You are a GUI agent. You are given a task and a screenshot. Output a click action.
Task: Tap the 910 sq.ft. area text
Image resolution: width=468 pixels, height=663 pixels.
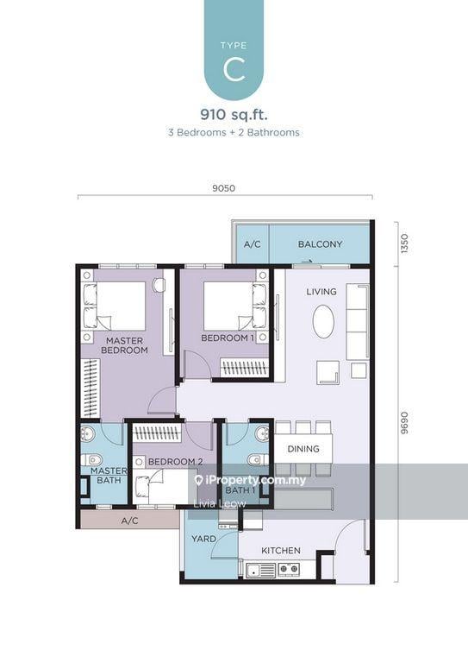click(234, 112)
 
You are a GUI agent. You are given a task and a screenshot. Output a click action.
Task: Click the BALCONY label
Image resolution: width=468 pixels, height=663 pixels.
click(320, 244)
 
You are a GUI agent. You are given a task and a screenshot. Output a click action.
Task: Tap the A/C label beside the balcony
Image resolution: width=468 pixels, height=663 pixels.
click(252, 244)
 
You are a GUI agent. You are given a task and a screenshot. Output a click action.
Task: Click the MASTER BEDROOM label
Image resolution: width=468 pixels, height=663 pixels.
click(125, 345)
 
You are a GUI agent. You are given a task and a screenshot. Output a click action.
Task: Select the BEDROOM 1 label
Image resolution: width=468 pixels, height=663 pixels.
click(227, 338)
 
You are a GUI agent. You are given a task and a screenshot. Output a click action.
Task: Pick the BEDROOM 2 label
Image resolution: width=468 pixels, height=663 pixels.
click(175, 462)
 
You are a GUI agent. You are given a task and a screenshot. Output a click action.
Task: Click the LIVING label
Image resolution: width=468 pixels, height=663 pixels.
click(321, 292)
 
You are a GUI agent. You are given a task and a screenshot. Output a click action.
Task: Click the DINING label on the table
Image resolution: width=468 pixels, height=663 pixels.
click(303, 449)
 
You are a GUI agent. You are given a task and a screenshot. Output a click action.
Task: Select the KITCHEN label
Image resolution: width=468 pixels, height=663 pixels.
click(281, 550)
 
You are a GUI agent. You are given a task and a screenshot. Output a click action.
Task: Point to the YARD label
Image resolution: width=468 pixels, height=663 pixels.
click(203, 539)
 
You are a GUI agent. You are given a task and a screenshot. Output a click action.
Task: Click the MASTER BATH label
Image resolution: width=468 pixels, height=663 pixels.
click(109, 476)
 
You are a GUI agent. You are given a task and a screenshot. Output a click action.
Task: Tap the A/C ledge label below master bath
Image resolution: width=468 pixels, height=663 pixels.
click(129, 521)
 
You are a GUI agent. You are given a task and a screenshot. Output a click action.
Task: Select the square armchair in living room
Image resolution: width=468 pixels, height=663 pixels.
click(327, 372)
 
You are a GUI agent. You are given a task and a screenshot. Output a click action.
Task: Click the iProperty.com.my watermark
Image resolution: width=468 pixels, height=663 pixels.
click(251, 480)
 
